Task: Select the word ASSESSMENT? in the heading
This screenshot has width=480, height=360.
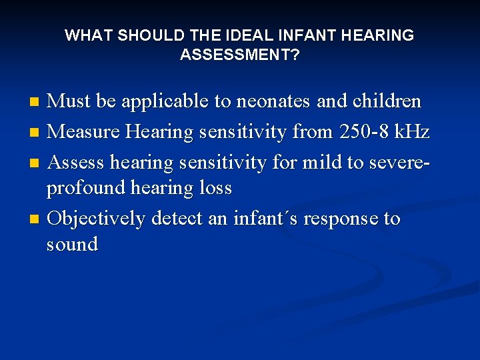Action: (x=239, y=55)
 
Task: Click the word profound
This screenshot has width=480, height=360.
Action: (x=86, y=189)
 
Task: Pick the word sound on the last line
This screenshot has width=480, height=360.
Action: (x=72, y=245)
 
